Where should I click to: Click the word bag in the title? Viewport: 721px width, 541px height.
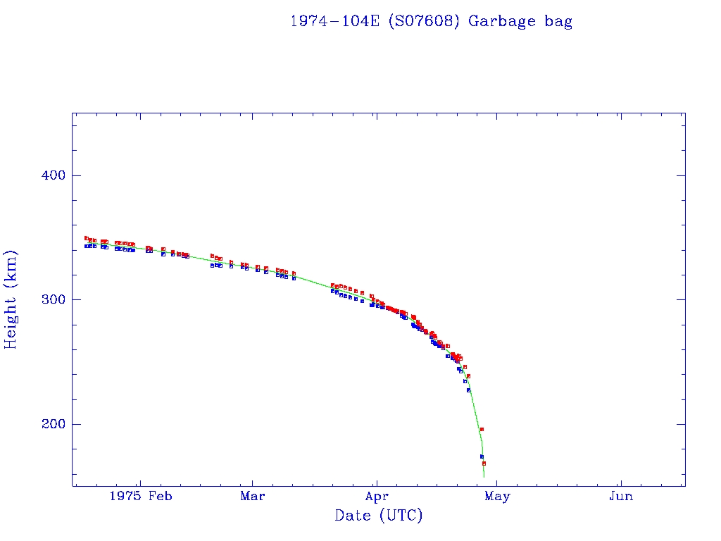tap(558, 22)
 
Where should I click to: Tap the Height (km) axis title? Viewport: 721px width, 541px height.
tap(11, 299)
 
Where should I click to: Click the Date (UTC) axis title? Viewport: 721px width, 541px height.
tap(379, 516)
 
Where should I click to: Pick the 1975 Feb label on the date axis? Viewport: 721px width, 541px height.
tap(141, 496)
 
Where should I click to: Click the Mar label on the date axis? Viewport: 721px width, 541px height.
tap(252, 496)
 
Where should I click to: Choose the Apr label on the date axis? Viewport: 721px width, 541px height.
tap(377, 496)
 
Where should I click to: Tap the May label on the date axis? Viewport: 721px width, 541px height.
tap(497, 496)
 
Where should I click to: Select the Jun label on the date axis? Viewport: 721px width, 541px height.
tap(621, 496)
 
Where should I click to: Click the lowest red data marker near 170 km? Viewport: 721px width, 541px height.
tap(484, 464)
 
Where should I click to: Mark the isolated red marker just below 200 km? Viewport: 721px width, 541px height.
tap(482, 429)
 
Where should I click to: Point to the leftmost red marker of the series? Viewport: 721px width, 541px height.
tap(86, 238)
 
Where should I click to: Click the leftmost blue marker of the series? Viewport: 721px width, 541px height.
tap(86, 246)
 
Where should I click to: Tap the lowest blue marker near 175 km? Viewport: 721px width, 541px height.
tap(482, 456)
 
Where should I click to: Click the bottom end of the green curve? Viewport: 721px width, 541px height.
tap(484, 477)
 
